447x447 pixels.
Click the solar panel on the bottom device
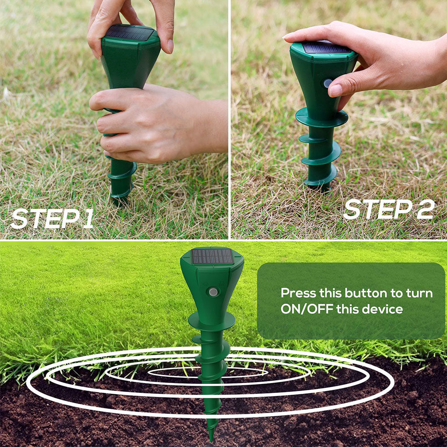pyautogui.click(x=212, y=257)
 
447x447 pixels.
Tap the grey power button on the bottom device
pyautogui.click(x=213, y=292)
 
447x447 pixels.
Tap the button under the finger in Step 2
pyautogui.click(x=328, y=83)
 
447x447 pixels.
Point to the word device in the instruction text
pyautogui.click(x=385, y=309)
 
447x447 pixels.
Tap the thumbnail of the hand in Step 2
pyautogui.click(x=336, y=91)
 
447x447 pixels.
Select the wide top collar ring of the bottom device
pyautogui.click(x=211, y=320)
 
